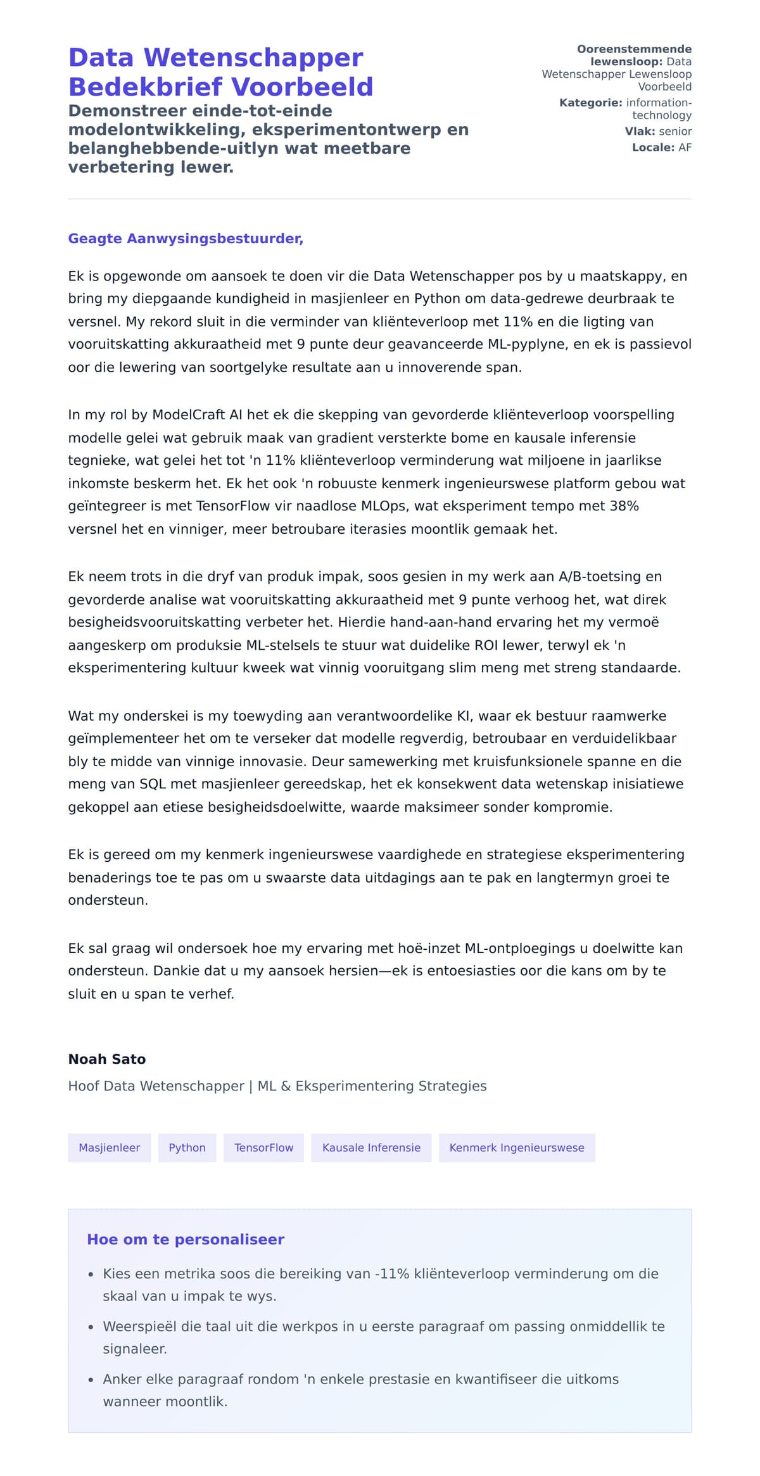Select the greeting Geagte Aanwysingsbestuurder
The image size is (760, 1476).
point(186,239)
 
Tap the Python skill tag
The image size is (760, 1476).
point(187,1147)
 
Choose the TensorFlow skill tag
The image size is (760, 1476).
point(263,1147)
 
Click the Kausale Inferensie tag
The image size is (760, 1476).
point(371,1147)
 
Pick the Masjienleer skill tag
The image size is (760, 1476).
point(109,1147)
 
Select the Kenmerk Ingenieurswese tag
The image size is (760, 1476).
point(517,1147)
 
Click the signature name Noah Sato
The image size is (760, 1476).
point(107,1059)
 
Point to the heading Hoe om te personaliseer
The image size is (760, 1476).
point(186,1239)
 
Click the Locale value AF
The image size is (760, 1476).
point(685,148)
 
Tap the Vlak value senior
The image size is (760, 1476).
point(675,132)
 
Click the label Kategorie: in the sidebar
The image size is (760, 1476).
point(590,103)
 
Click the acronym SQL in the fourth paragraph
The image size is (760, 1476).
point(153,784)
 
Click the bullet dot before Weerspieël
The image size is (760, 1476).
point(91,1327)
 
